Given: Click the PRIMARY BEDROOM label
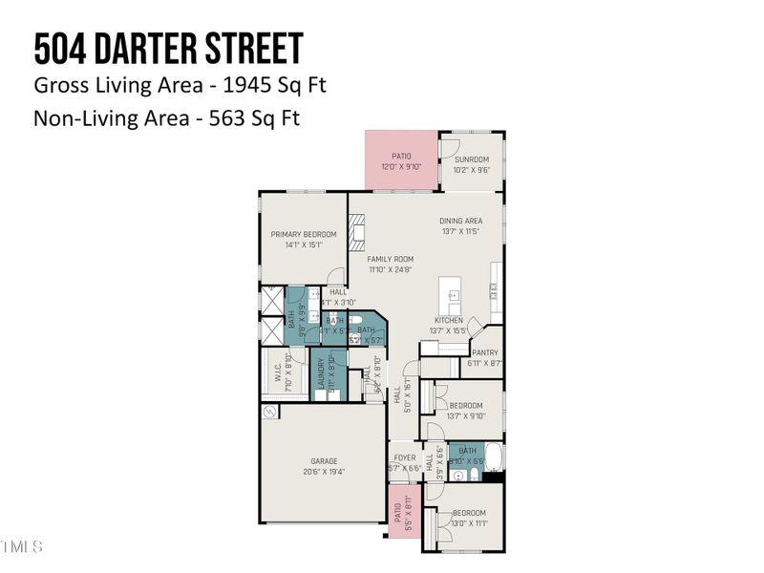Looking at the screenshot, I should pyautogui.click(x=303, y=234).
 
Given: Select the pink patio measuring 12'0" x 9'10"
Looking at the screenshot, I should pyautogui.click(x=401, y=160).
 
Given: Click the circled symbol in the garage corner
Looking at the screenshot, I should pyautogui.click(x=269, y=412).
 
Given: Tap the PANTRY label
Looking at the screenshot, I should pyautogui.click(x=485, y=352).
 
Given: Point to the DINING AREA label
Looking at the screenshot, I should pyautogui.click(x=460, y=221).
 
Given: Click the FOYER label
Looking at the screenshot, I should pyautogui.click(x=404, y=457).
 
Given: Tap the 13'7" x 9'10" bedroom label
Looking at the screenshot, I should pyautogui.click(x=467, y=405).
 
